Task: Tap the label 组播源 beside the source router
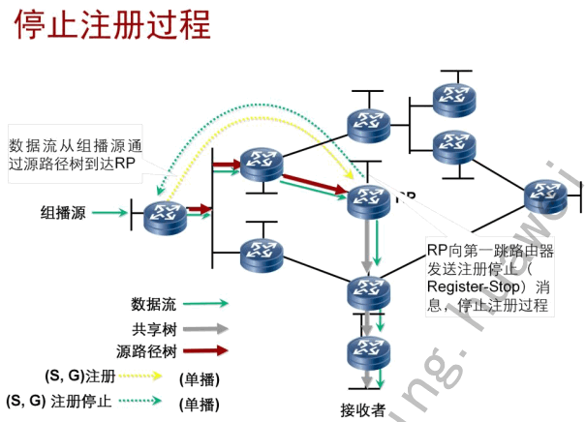pyautogui.click(x=63, y=212)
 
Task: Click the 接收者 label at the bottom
pyautogui.click(x=362, y=407)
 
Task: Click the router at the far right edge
pyautogui.click(x=546, y=197)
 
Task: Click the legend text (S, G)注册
pyautogui.click(x=79, y=375)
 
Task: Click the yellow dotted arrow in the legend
pyautogui.click(x=142, y=375)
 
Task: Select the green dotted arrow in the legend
pyautogui.click(x=142, y=400)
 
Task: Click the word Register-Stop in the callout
pyautogui.click(x=468, y=287)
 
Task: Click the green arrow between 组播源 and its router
pyautogui.click(x=109, y=212)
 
